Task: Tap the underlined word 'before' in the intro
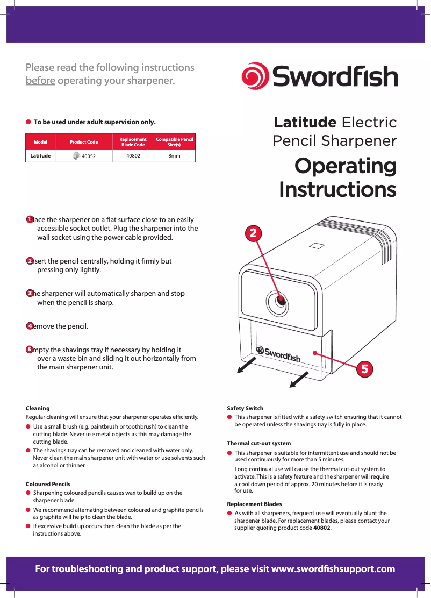40,81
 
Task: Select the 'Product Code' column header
84,142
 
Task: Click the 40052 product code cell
84,156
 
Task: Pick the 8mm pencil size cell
174,156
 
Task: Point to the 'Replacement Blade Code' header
133,142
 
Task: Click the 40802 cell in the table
133,156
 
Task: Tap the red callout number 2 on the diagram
254,233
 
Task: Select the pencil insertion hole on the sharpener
280,301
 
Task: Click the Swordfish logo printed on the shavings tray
278,354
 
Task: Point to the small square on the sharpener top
317,246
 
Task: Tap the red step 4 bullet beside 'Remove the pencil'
30,326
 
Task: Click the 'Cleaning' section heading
38,408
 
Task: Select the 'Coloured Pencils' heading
48,484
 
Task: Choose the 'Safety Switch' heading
245,408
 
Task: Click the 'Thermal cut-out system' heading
258,443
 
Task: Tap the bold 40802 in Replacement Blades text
321,528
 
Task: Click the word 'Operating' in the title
345,166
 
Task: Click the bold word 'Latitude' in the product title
305,123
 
